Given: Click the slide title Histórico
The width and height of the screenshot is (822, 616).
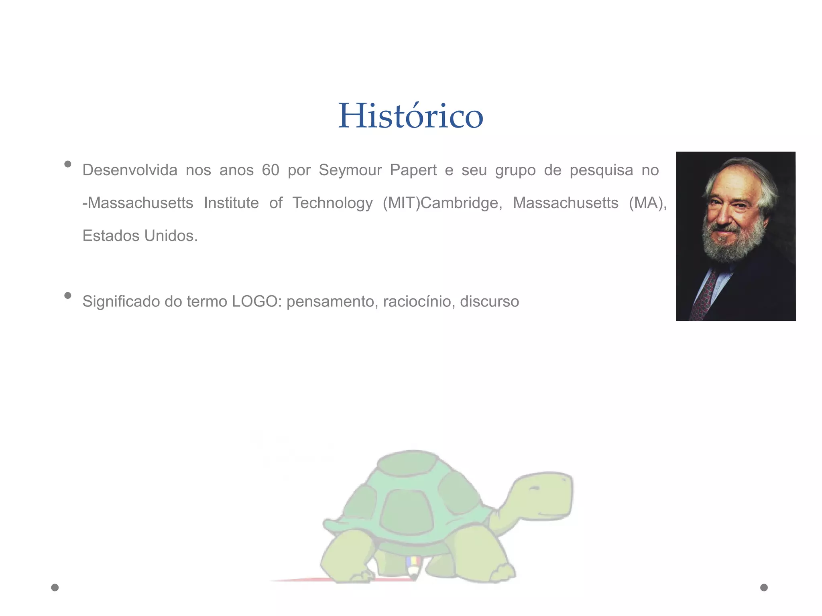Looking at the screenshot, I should [x=411, y=116].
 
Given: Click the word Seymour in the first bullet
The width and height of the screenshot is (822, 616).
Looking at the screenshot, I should [x=350, y=170].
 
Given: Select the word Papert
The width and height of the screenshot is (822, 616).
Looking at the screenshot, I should [x=413, y=170].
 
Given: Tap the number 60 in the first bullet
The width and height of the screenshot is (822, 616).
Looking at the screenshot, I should [x=271, y=170].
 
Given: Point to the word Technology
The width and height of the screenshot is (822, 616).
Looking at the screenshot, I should [x=332, y=203].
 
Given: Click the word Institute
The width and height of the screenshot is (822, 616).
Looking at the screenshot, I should [x=231, y=203].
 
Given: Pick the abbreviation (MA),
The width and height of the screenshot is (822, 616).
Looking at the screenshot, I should [x=648, y=203].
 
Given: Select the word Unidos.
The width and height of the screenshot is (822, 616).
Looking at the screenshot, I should [x=171, y=236].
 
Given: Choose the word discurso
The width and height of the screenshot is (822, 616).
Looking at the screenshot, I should [x=489, y=302].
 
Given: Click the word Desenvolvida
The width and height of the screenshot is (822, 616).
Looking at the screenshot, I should [x=130, y=170].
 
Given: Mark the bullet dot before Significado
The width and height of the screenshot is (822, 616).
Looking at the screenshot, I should [x=68, y=296].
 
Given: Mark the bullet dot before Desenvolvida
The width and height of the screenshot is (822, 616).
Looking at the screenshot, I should [x=68, y=164].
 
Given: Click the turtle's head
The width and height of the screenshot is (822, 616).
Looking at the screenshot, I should [x=542, y=497].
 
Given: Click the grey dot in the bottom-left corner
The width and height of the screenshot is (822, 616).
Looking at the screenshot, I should [x=55, y=588].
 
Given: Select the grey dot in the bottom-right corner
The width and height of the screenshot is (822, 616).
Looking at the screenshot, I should [x=764, y=588].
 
